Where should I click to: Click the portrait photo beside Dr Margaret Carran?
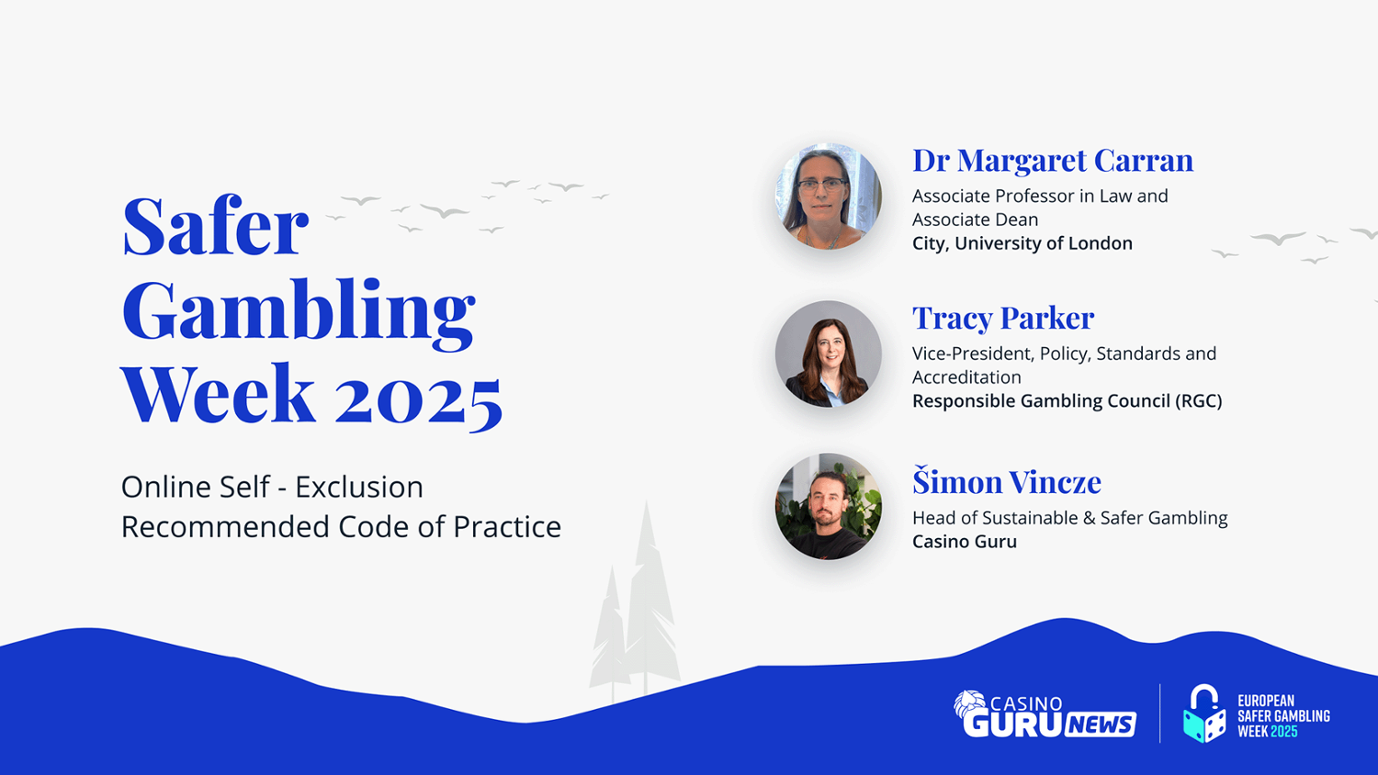pos(828,197)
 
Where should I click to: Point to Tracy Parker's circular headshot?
pos(828,354)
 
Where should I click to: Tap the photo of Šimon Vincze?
pos(828,506)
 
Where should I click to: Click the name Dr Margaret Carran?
pos(1053,161)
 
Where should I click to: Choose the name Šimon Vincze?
pos(1007,480)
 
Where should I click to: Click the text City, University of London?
pos(1022,243)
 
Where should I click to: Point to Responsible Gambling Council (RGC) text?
pos(1067,401)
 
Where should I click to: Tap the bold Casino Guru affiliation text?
pos(964,542)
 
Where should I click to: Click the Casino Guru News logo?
pos(1045,714)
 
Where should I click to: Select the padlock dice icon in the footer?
pos(1203,713)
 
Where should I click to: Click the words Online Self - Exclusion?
pos(272,488)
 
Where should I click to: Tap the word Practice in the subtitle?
pos(507,527)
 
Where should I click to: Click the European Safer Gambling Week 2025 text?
pos(1283,716)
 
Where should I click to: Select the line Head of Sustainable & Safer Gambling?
pos(1070,518)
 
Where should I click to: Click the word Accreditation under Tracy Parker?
pos(966,377)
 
